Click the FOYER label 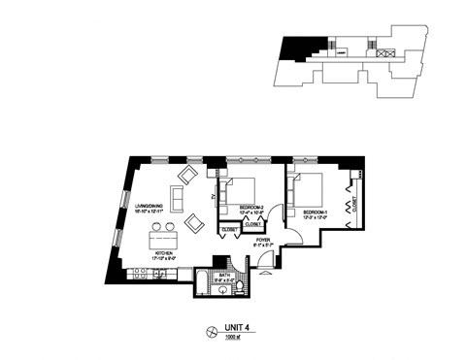(264, 243)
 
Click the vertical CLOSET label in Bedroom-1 (355, 205)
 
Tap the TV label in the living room (213, 197)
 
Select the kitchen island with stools (163, 238)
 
